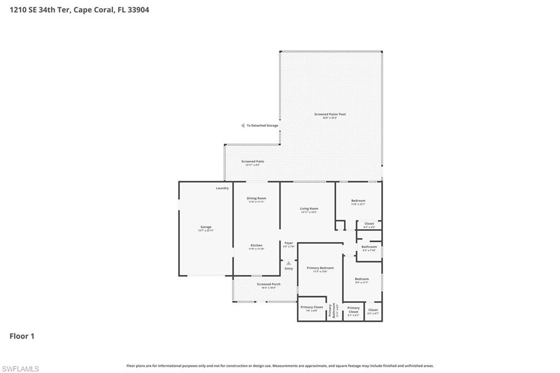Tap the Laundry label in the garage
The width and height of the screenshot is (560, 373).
click(222, 188)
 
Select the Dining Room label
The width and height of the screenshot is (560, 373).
click(256, 199)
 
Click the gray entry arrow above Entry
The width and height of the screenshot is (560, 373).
click(289, 263)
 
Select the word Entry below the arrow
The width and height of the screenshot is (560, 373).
click(289, 269)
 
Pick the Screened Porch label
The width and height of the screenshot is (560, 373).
click(269, 285)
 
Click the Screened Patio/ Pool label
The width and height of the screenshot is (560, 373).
click(330, 115)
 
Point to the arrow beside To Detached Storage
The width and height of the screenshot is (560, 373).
click(242, 126)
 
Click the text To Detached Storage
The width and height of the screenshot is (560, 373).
click(262, 126)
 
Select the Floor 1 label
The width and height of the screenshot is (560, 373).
click(22, 336)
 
